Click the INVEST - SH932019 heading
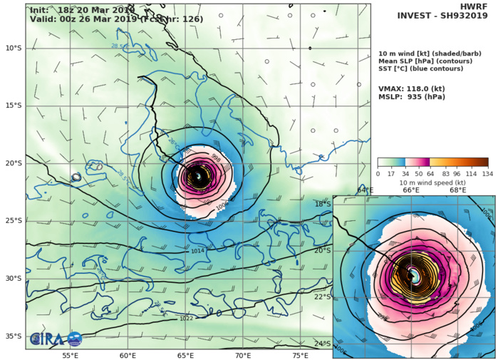(x=446, y=19)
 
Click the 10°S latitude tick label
(x=12, y=48)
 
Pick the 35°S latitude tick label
(x=12, y=336)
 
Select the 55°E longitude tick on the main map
(x=70, y=355)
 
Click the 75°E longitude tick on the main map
(x=301, y=355)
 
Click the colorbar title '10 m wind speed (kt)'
(x=432, y=182)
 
